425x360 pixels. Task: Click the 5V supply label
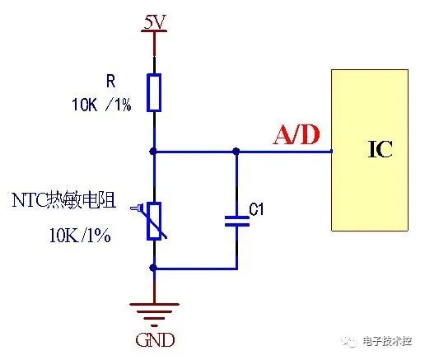pos(154,21)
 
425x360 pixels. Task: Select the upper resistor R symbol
pos(154,92)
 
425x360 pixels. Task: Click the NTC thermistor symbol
pos(154,221)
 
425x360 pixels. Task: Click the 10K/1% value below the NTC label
pos(79,236)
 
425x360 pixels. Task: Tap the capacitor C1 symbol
pos(236,221)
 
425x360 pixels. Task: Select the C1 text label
pos(256,211)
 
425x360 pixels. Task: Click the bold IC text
pos(380,150)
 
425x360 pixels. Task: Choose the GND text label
pos(155,339)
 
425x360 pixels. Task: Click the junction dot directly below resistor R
pos(154,151)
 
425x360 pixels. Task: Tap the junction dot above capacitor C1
pos(236,151)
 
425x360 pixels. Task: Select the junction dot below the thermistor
pos(154,268)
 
